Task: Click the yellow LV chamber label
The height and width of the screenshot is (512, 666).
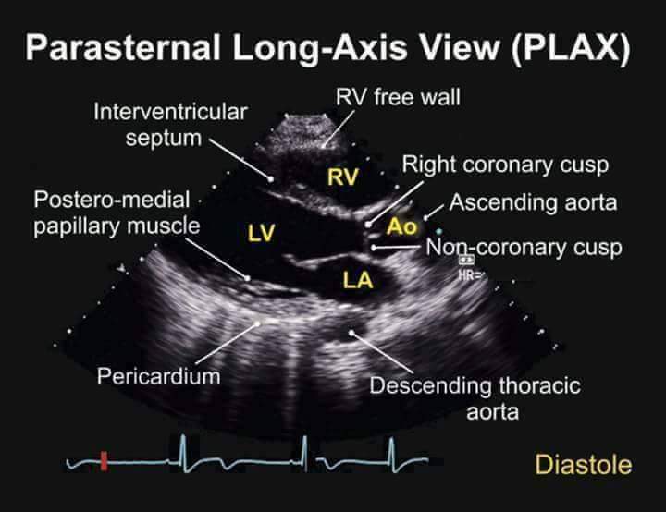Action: (261, 234)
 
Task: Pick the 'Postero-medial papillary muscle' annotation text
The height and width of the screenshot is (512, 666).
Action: (115, 213)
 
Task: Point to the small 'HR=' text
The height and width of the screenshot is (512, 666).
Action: (467, 274)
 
